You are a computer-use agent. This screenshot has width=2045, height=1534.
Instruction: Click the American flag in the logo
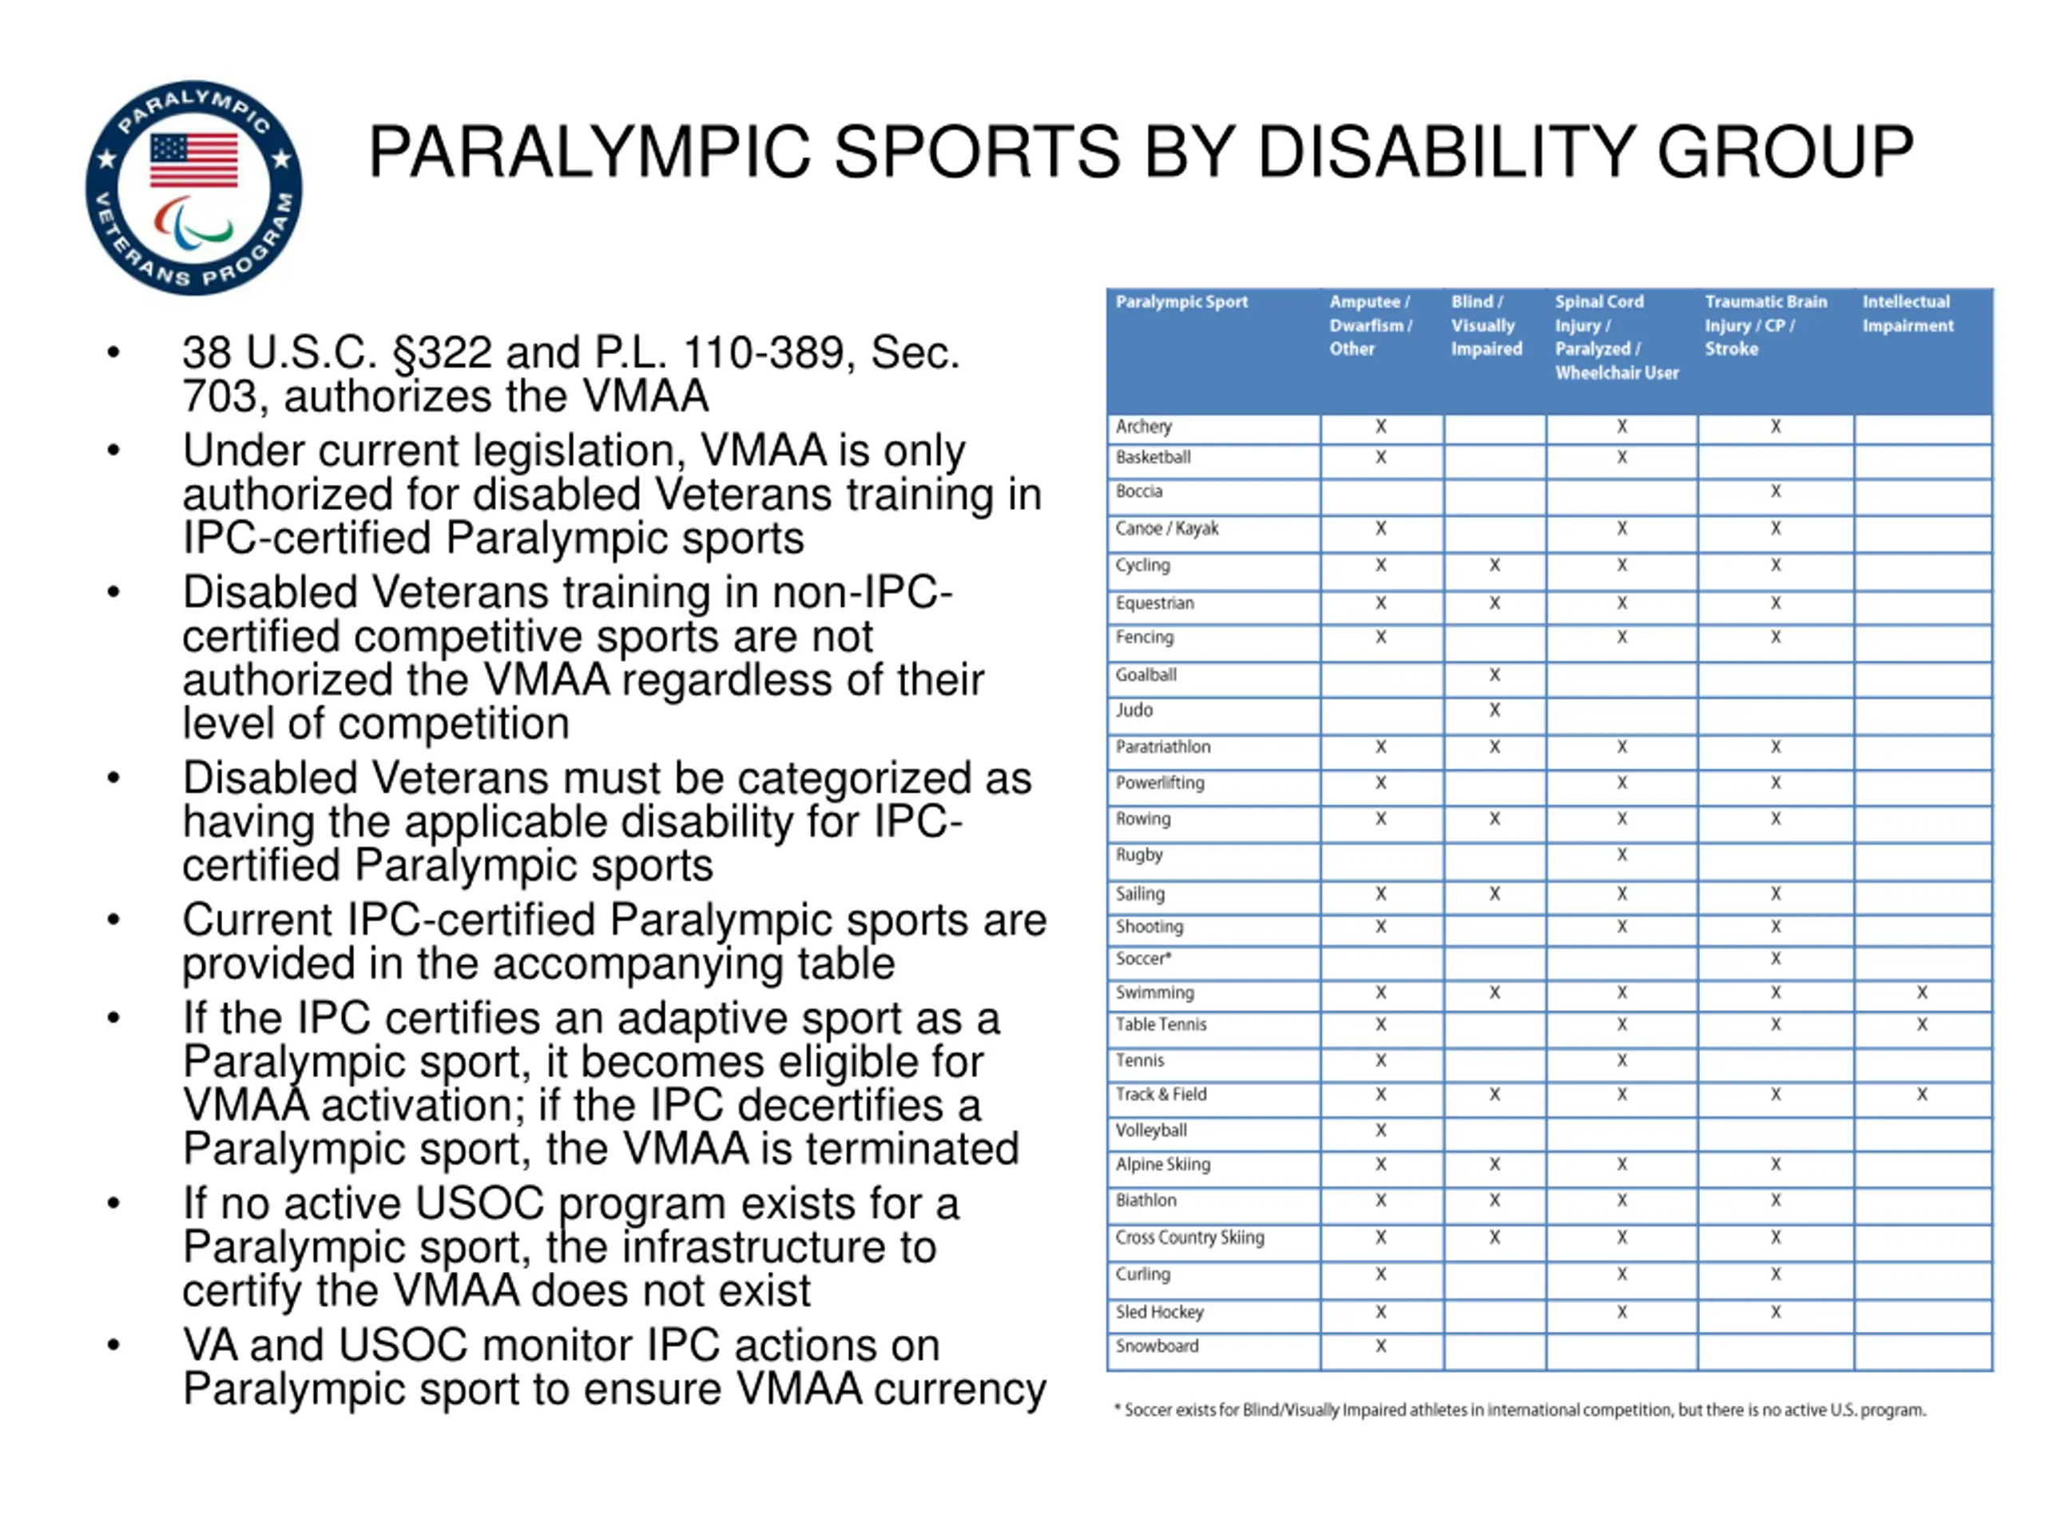194,159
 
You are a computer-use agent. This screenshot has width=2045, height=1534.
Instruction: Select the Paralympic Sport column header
1181,301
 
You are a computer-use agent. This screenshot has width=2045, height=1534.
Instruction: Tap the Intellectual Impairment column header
1908,313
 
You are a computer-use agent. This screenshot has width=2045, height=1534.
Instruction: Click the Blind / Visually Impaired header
1486,325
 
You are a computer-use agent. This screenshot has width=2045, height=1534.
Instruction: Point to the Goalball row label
1146,675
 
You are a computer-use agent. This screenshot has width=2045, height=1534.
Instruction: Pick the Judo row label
1134,710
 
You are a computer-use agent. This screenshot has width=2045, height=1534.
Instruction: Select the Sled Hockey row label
1159,1312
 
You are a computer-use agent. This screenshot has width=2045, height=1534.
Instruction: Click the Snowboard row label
1157,1346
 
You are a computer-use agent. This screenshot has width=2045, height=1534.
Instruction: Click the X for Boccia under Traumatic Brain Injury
1775,491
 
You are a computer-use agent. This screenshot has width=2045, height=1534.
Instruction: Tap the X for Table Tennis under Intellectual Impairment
1921,1024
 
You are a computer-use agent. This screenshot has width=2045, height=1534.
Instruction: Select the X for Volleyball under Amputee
1380,1130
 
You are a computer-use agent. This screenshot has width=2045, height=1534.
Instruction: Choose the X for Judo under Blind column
1494,710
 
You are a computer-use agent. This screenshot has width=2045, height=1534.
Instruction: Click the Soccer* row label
1142,959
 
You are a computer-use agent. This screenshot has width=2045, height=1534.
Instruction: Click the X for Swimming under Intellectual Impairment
1921,992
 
